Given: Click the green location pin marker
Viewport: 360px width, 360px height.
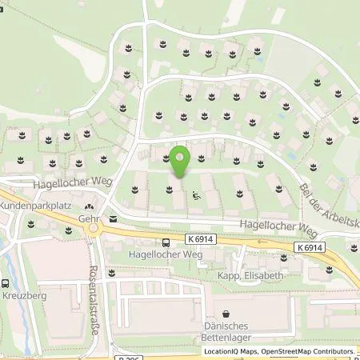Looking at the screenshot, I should (x=181, y=158).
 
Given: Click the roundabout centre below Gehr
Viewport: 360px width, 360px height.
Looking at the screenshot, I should (x=94, y=230).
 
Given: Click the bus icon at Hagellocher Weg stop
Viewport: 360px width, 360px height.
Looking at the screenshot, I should (x=165, y=242).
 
